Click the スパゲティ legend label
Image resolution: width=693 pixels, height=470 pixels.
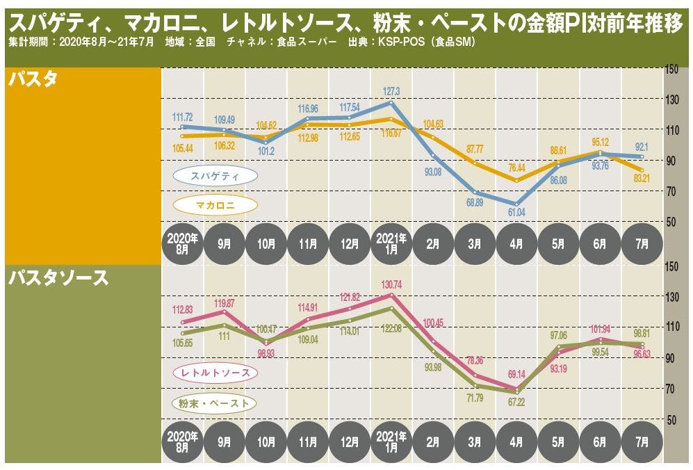215,176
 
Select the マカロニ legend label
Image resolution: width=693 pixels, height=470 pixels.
215,205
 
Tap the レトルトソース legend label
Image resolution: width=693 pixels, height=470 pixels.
215,373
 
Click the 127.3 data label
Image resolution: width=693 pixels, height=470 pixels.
391,91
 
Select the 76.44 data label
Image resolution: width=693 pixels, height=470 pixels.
516,168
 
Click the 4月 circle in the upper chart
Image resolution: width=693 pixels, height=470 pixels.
516,244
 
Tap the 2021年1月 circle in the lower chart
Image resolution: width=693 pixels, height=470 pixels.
391,441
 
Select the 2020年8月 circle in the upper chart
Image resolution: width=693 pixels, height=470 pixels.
182,244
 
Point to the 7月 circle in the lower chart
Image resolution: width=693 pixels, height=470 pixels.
642,441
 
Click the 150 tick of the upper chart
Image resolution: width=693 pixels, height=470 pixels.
671,69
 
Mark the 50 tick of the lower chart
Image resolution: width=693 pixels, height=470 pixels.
671,421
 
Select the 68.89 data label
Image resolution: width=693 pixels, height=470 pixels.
475,202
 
